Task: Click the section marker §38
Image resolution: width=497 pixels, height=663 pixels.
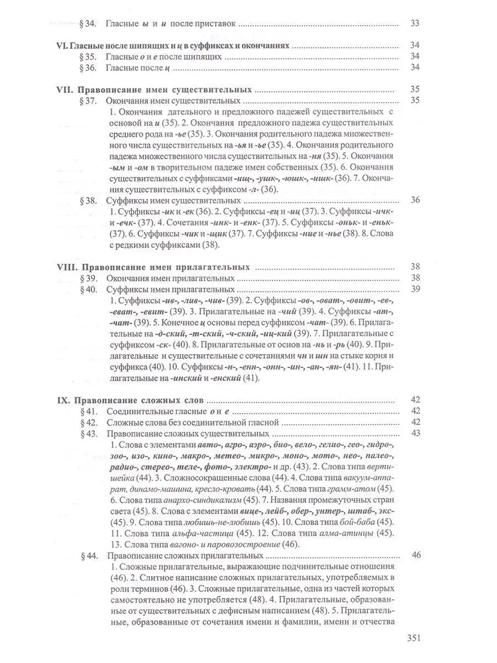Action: click(x=87, y=200)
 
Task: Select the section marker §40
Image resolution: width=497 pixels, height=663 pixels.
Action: click(x=87, y=289)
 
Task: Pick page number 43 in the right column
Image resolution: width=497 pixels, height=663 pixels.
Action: click(x=416, y=433)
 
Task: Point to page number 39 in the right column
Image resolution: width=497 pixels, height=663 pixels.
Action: click(x=416, y=289)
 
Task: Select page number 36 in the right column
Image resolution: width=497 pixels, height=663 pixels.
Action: click(x=416, y=200)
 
